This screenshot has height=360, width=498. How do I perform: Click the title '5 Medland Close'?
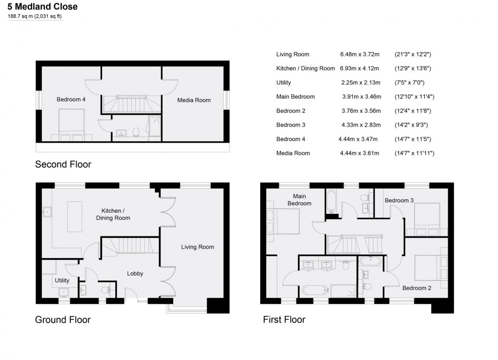coord(42,7)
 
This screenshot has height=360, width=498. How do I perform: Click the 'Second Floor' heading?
coord(63,165)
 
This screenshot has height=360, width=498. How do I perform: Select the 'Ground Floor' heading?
coord(62,320)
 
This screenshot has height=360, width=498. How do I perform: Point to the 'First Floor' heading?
coord(284,320)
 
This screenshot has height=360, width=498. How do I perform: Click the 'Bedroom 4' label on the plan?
coord(71,100)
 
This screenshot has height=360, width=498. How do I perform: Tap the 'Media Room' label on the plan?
coord(194,100)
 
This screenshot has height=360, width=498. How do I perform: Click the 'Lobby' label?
coord(135,274)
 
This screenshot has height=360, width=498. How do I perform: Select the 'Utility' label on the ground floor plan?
coord(62,281)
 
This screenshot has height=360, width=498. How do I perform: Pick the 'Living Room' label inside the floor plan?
coord(197,247)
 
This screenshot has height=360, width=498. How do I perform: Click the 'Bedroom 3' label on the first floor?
coord(399,200)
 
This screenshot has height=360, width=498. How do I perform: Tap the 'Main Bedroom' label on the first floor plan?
coord(299,200)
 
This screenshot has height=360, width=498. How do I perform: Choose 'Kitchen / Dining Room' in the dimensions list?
coord(306,68)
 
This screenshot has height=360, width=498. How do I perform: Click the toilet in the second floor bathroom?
coord(136,132)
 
